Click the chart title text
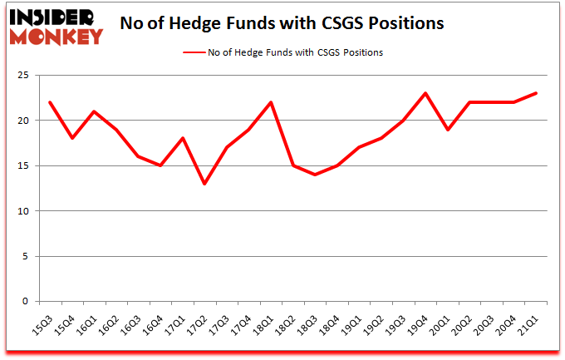tap(282, 24)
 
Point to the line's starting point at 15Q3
tap(51, 102)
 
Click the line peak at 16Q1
tap(94, 111)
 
